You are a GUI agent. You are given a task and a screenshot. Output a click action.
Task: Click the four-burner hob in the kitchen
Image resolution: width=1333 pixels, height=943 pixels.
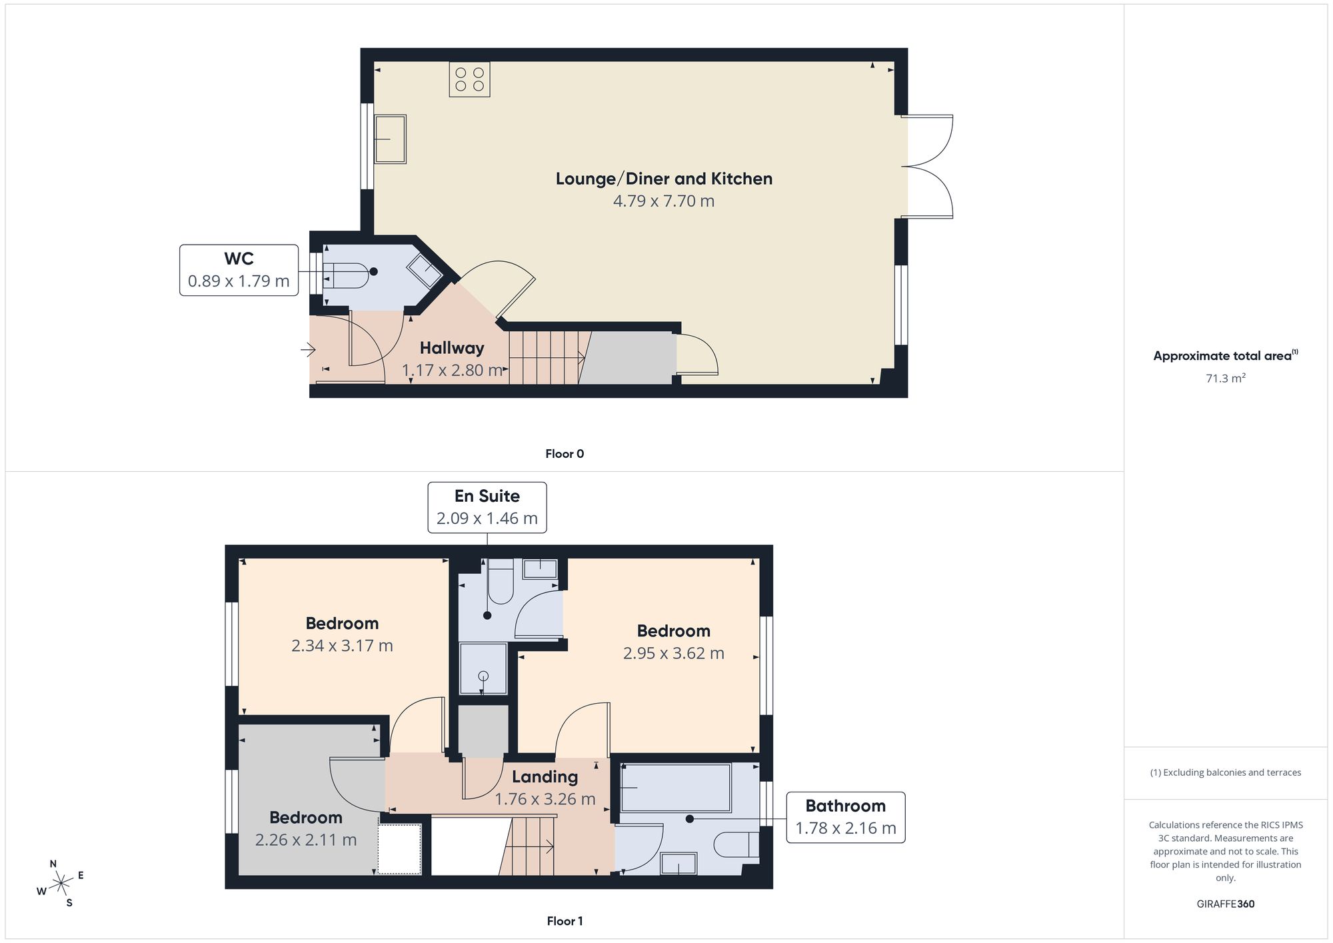(x=470, y=79)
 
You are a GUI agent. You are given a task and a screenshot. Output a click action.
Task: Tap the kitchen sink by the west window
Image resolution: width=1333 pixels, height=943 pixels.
(x=391, y=139)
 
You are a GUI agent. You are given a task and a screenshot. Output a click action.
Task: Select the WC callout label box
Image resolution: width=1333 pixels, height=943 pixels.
(x=239, y=270)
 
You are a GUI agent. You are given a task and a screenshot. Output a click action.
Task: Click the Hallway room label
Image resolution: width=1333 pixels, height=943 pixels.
(x=452, y=348)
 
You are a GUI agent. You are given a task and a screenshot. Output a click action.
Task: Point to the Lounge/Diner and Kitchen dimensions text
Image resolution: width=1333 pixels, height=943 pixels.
(x=664, y=201)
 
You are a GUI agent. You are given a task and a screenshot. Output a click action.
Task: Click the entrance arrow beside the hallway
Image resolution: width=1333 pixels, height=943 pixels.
(x=308, y=349)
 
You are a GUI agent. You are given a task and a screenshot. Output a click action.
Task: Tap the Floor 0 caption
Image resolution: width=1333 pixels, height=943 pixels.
(x=565, y=454)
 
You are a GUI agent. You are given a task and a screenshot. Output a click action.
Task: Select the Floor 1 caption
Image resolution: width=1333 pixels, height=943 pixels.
(x=565, y=921)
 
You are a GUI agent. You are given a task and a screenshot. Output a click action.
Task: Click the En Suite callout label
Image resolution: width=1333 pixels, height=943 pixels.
(x=487, y=507)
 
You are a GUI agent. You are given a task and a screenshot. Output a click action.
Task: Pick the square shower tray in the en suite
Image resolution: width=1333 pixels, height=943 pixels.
(x=483, y=668)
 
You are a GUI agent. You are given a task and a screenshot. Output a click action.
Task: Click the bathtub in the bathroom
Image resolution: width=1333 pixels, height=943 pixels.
(x=676, y=788)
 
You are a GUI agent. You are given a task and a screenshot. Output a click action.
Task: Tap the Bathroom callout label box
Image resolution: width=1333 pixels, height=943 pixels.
(x=846, y=817)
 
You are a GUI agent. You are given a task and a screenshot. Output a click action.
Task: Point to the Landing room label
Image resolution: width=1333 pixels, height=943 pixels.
(x=545, y=776)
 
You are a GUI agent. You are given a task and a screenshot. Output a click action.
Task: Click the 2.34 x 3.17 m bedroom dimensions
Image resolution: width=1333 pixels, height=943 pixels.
(x=342, y=646)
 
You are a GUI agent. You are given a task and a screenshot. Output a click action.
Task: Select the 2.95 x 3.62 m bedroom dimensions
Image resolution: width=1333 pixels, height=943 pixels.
(x=674, y=653)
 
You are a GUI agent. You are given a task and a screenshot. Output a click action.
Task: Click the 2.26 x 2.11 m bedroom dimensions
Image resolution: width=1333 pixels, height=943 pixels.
(x=306, y=840)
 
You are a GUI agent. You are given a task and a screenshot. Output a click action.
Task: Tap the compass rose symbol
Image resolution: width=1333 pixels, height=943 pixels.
(x=61, y=884)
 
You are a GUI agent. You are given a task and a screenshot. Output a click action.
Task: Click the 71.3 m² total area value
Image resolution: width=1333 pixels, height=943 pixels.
(x=1226, y=378)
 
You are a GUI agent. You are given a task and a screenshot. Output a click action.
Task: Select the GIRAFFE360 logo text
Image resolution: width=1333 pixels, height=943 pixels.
(x=1226, y=904)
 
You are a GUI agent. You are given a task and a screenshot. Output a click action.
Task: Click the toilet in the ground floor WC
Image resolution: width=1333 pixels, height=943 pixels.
(x=346, y=275)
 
